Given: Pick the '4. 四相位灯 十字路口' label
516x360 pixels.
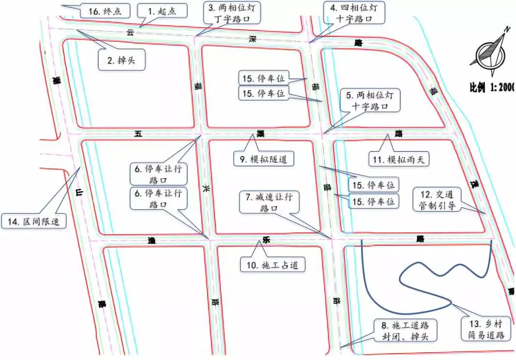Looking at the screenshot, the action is [356, 13].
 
